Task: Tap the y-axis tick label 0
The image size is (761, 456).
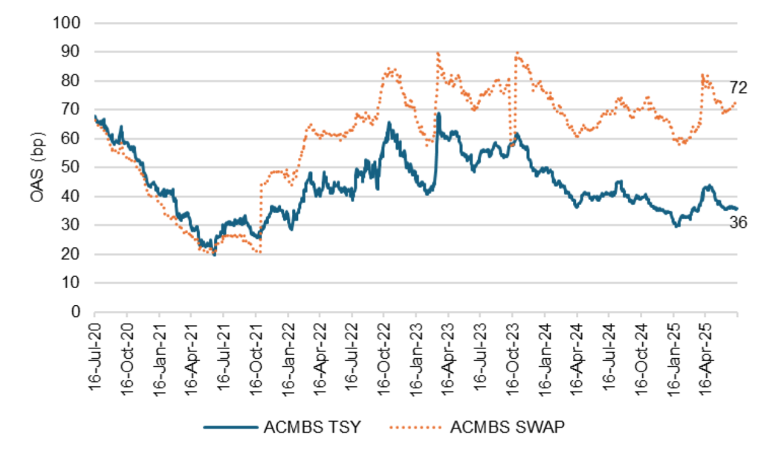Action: coord(77,312)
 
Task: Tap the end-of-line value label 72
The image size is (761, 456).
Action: coord(737,89)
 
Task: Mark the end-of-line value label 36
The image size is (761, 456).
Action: coord(737,221)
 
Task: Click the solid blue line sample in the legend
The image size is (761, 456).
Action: coord(227,426)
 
